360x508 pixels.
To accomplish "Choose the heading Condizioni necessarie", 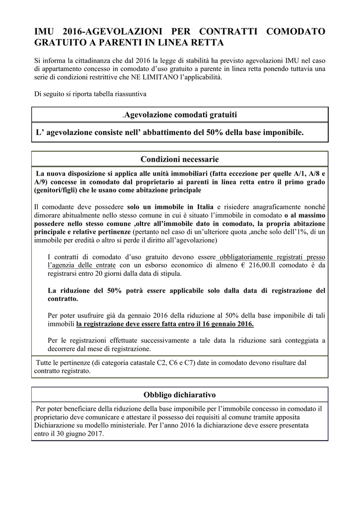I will tap(180, 159).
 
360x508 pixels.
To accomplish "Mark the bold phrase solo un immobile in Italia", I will tap(170, 207).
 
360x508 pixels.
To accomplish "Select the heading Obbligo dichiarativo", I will tap(180, 395).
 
